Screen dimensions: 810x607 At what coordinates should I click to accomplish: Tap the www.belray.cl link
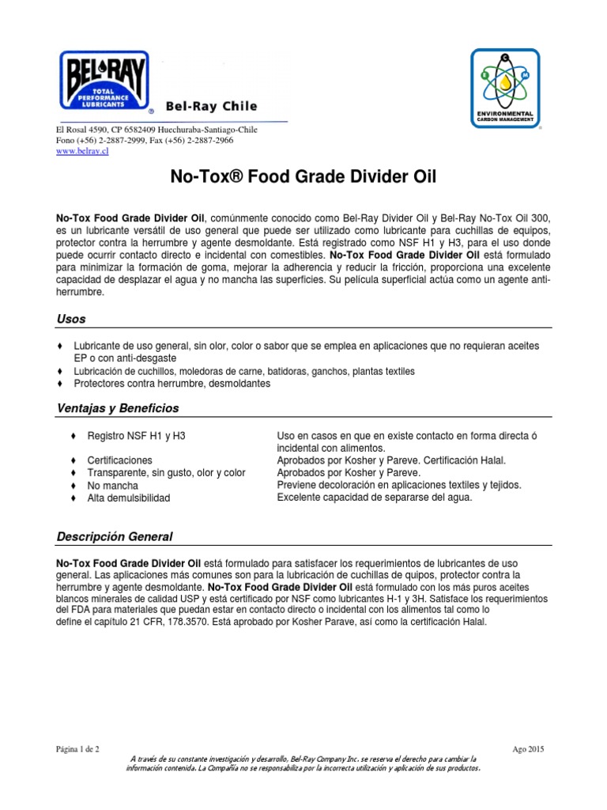(x=81, y=153)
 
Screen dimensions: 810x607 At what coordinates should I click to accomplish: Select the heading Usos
(x=70, y=319)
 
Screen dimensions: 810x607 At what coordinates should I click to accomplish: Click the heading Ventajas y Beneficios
(x=118, y=408)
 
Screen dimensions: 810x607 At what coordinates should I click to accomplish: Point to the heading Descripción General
(x=115, y=537)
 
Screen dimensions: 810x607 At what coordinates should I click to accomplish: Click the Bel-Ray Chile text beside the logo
(x=210, y=106)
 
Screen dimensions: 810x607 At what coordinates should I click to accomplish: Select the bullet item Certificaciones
(x=120, y=460)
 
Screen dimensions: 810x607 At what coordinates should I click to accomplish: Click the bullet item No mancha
(x=112, y=485)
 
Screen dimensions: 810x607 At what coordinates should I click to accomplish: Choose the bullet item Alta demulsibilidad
(x=128, y=498)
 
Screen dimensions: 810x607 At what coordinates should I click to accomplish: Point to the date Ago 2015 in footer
(x=527, y=748)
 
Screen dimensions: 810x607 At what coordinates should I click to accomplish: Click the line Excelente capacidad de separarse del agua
(x=375, y=498)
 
